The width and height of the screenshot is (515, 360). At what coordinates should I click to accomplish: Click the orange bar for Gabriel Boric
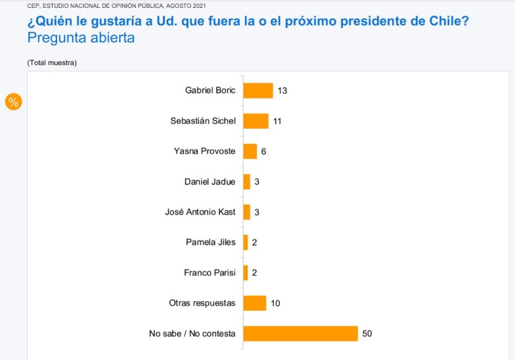(x=257, y=91)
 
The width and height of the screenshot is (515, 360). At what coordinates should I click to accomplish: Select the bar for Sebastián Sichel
(x=256, y=121)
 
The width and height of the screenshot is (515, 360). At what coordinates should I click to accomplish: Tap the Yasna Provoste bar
(x=250, y=151)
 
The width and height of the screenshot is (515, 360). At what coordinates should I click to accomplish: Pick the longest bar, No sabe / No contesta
(x=300, y=333)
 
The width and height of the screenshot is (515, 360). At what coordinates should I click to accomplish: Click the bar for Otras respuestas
(x=254, y=303)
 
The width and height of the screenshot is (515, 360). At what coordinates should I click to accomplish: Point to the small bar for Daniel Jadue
(x=246, y=181)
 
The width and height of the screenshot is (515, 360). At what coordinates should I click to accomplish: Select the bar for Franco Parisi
(x=246, y=273)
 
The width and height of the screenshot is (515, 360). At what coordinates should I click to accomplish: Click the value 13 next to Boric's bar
(x=282, y=91)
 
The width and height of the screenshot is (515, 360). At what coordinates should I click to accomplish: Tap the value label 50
(x=367, y=334)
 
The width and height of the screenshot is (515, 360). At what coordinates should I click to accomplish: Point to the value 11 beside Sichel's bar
(x=277, y=121)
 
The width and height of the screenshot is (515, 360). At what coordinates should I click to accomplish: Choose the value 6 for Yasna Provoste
(x=263, y=151)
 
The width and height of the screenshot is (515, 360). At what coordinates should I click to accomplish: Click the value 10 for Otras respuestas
(x=275, y=303)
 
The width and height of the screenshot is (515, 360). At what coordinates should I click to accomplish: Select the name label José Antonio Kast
(x=200, y=212)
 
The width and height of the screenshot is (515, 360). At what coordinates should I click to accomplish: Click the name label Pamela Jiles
(x=210, y=242)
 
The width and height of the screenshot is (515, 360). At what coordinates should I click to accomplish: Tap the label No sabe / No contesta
(x=192, y=334)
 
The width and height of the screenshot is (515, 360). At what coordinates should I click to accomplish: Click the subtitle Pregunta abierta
(x=81, y=37)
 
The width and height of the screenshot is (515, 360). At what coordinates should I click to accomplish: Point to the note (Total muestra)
(x=52, y=62)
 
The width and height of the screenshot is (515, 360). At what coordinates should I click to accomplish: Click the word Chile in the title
(x=449, y=21)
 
